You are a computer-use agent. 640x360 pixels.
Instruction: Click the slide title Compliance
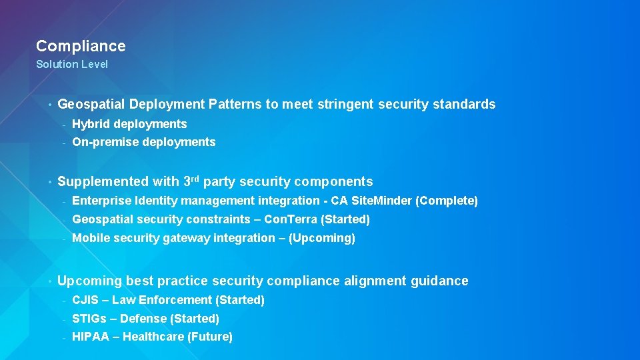81,46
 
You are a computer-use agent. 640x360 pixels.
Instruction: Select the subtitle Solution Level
71,65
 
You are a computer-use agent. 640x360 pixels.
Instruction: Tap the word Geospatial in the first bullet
91,105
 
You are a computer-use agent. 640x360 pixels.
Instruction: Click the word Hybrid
91,124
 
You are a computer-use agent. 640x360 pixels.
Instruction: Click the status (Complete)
447,201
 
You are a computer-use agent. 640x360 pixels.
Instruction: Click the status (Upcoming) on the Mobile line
321,238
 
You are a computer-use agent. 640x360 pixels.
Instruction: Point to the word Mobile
89,238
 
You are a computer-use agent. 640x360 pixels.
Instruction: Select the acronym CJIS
85,300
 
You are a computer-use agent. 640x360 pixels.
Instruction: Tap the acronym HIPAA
89,337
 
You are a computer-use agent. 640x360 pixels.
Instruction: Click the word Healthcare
152,337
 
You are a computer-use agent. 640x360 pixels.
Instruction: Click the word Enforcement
175,300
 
